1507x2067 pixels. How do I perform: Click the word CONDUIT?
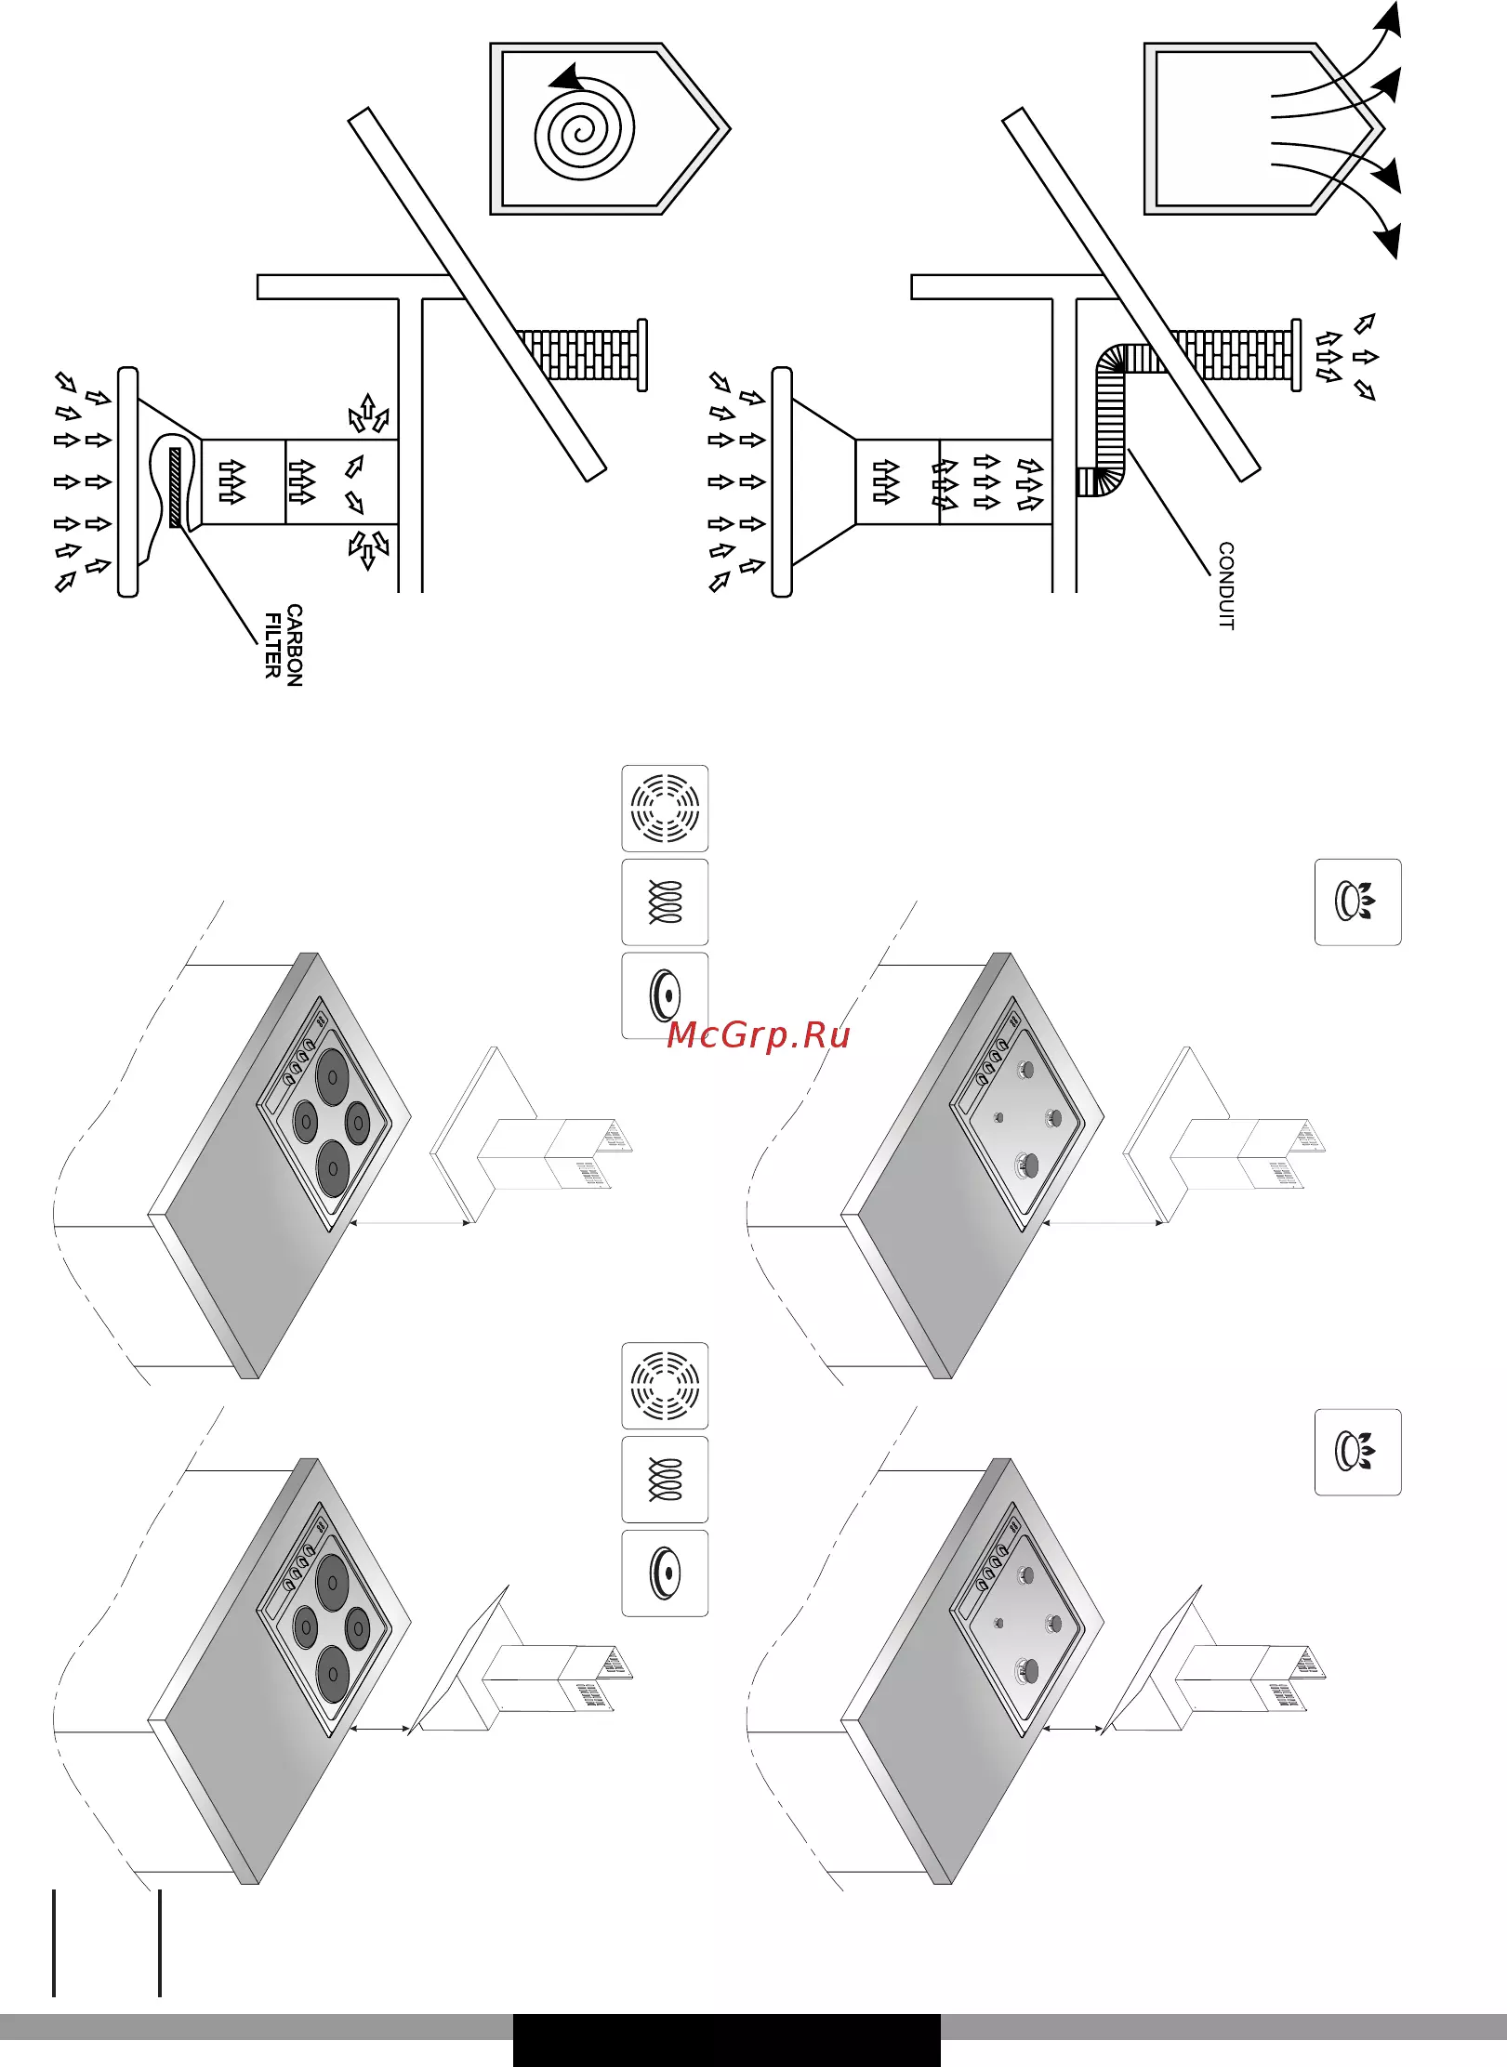(1226, 586)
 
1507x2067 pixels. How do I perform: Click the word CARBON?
(295, 645)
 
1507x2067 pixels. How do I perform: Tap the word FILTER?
(273, 645)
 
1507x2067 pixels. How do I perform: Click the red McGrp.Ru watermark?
(759, 1035)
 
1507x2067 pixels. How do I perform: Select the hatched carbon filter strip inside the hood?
(176, 487)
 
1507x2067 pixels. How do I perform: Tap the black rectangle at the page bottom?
(726, 2040)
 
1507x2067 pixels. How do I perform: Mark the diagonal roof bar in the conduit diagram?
(1131, 295)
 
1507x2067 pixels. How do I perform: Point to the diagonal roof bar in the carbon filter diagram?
(478, 295)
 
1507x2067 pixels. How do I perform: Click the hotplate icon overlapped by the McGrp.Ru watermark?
(665, 995)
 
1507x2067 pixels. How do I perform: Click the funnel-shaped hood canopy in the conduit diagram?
(825, 481)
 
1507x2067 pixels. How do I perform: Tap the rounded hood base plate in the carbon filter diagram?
(128, 481)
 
